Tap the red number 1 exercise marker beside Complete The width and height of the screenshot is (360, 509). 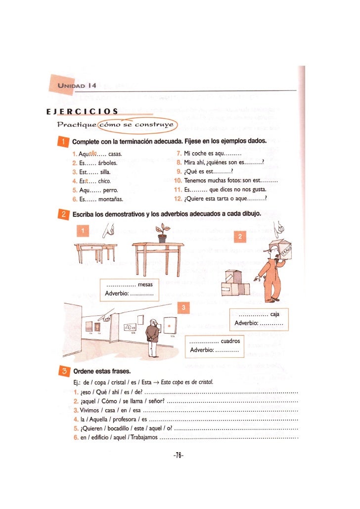click(x=63, y=143)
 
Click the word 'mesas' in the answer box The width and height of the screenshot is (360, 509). click(x=145, y=284)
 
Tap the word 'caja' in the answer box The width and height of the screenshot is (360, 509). click(x=275, y=314)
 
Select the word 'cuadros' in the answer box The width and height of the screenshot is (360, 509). click(x=230, y=341)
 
